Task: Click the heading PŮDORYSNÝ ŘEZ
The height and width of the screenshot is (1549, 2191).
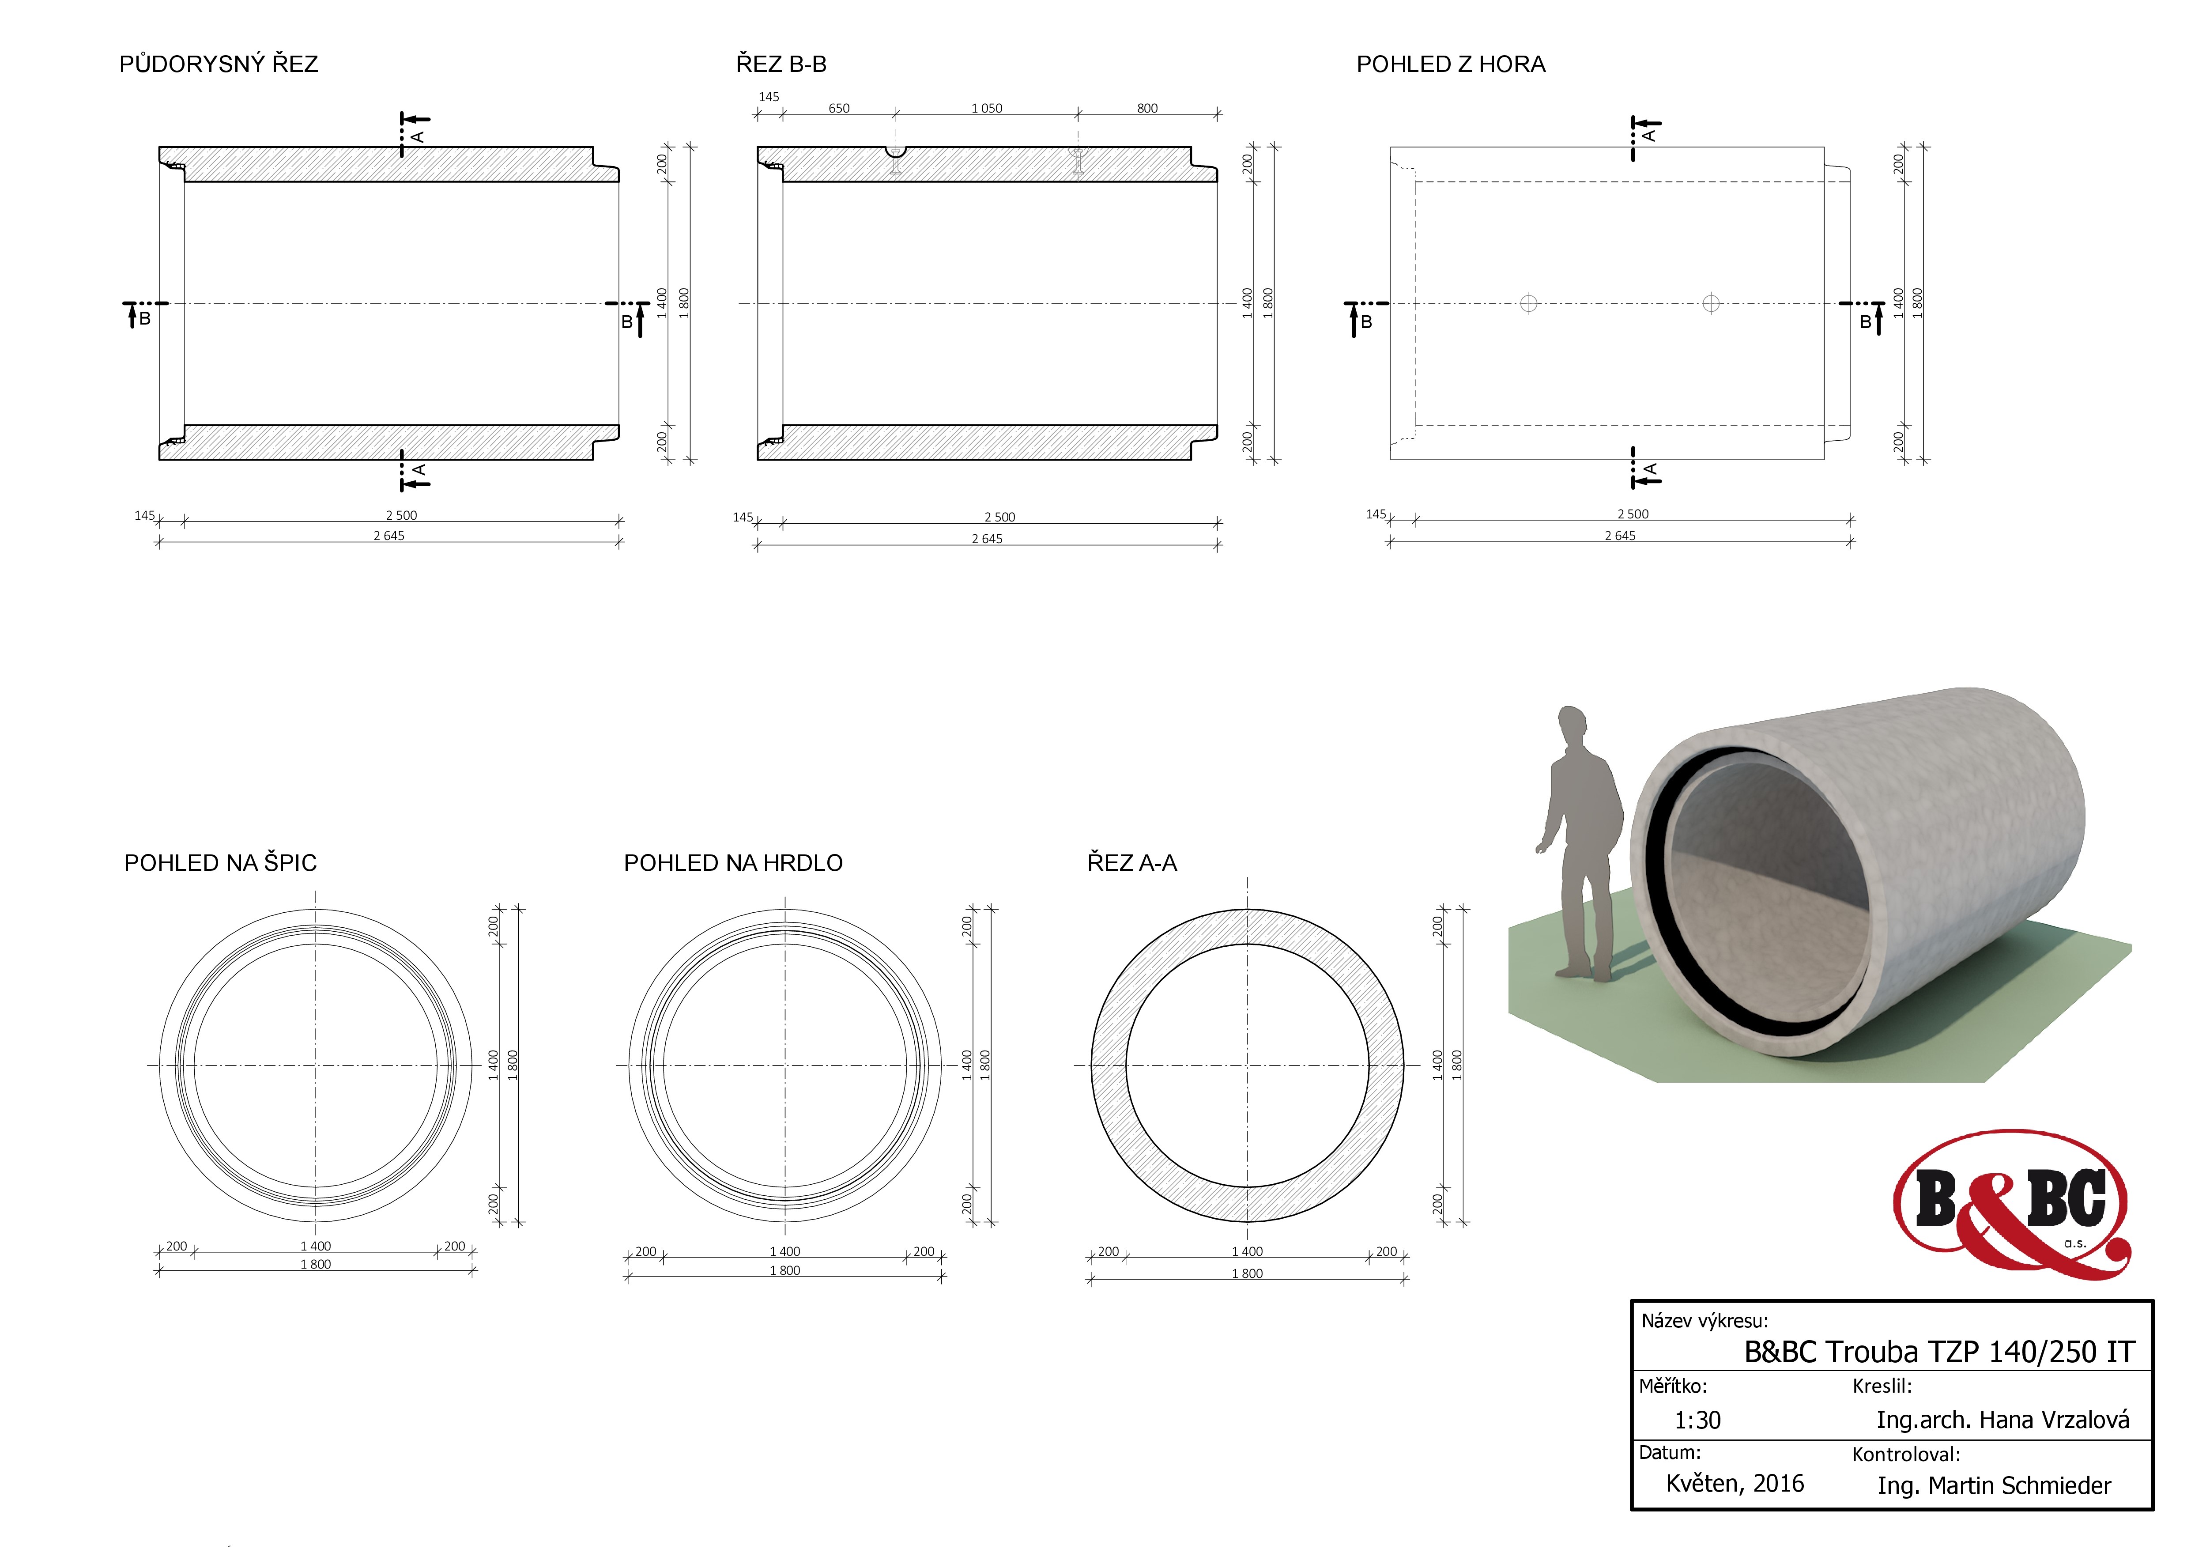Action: pos(219,64)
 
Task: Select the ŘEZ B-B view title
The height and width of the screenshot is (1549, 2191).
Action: pos(781,64)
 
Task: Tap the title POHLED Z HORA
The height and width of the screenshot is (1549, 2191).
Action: pos(1451,64)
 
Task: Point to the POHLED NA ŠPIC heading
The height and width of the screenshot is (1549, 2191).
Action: pos(220,863)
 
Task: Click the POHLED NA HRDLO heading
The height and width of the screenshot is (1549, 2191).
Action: pos(733,863)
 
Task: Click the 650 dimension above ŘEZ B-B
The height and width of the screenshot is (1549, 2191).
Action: pos(839,108)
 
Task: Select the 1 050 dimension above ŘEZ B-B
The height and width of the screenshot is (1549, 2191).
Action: pos(987,108)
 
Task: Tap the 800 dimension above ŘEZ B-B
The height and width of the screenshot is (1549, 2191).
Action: pos(1147,108)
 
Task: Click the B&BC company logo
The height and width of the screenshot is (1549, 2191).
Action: pos(2012,1205)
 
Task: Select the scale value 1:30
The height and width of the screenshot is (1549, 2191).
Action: pos(1697,1420)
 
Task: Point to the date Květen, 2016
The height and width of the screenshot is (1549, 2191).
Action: pos(1735,1483)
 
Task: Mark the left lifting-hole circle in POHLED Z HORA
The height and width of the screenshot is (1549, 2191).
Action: pos(1529,303)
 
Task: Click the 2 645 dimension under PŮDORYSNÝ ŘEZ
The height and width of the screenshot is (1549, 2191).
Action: pos(388,536)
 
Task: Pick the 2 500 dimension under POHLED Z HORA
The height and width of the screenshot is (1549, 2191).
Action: pos(1633,514)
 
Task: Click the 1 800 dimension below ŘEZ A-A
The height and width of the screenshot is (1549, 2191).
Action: pos(1247,1273)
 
